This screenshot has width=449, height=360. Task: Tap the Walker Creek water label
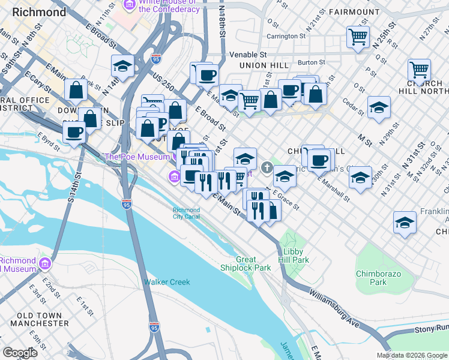coord(166,282)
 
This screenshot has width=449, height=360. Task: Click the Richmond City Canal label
coord(187,214)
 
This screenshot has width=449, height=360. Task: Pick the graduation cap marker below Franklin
coord(405,222)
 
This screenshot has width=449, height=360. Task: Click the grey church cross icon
coord(267,166)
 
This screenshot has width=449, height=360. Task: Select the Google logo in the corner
coord(20,353)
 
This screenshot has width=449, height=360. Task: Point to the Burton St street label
coord(312,62)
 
